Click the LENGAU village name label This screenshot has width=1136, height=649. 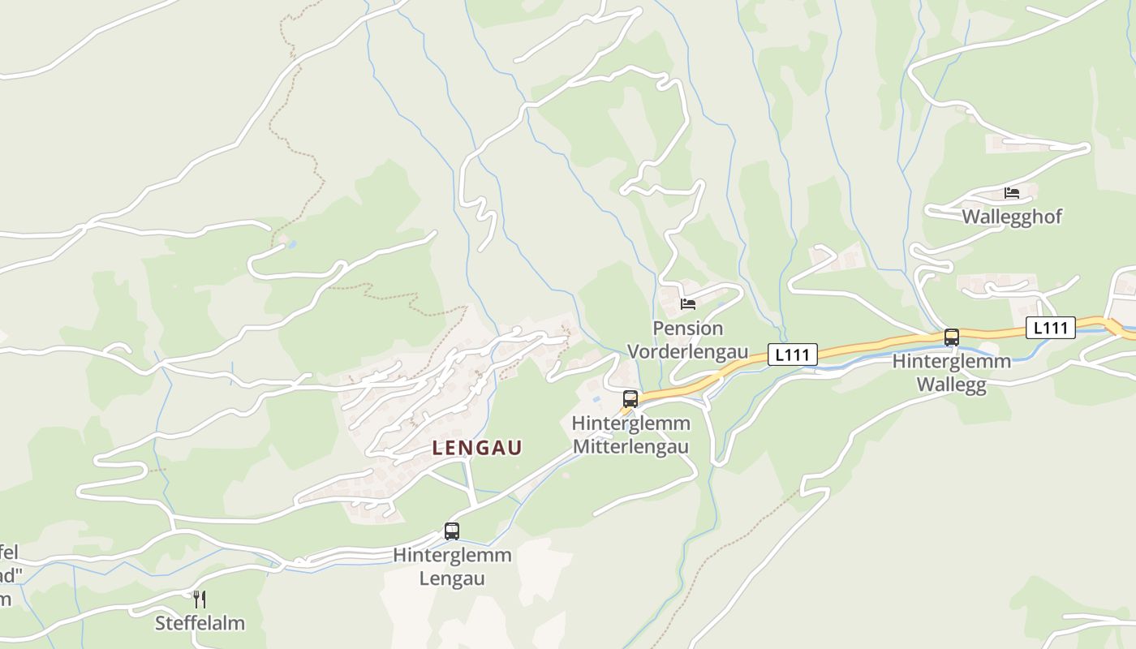(x=477, y=448)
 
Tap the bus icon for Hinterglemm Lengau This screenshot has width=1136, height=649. (x=452, y=531)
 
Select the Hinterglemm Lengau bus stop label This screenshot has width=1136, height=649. (x=452, y=567)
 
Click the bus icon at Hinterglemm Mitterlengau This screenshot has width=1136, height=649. (x=630, y=398)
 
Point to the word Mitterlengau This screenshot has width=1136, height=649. (x=630, y=447)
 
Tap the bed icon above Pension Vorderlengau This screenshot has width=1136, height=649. (x=688, y=304)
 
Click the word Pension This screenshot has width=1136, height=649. (x=688, y=329)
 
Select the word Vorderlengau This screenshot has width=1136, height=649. (x=688, y=352)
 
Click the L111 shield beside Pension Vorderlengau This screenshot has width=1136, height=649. (x=792, y=355)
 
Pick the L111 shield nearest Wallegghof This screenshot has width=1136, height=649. (x=1051, y=328)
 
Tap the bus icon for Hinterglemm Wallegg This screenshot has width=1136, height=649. (x=952, y=337)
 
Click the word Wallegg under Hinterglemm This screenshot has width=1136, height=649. (x=952, y=385)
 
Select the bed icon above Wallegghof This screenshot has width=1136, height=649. (x=1012, y=192)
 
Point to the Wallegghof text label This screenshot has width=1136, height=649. (x=1012, y=217)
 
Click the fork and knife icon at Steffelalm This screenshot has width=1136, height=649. (x=200, y=600)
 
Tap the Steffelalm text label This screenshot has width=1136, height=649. (x=200, y=624)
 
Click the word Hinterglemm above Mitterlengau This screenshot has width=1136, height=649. (x=630, y=423)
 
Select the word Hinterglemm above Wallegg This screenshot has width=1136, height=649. (x=952, y=361)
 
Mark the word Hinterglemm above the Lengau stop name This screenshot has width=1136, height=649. (x=452, y=556)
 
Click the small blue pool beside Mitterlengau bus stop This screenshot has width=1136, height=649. (x=598, y=399)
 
